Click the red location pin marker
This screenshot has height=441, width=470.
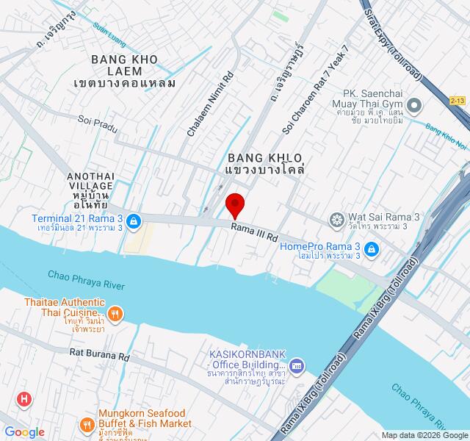click(235, 204)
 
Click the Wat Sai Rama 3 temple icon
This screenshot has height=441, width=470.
click(336, 220)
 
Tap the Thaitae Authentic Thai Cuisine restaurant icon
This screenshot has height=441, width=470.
click(115, 315)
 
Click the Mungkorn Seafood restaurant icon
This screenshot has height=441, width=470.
click(87, 424)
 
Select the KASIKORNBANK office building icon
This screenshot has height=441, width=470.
click(296, 365)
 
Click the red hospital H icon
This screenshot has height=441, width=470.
click(25, 400)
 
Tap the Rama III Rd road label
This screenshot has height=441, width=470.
click(253, 233)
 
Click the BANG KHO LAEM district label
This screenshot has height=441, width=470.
click(125, 70)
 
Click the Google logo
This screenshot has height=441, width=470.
click(24, 432)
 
